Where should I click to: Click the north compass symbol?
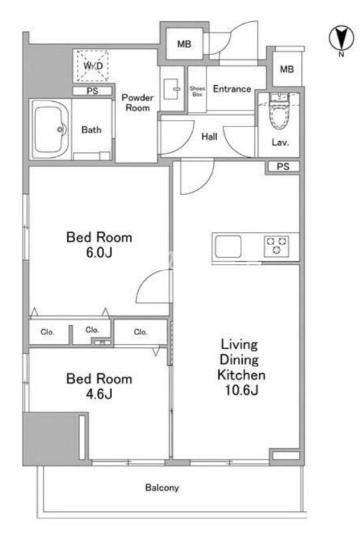341,38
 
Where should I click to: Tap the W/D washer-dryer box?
93,65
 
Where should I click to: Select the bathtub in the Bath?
51,129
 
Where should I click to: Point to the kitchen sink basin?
228,246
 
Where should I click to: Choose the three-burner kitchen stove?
277,246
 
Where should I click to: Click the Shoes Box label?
197,91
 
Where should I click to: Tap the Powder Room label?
137,103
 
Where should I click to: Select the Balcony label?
162,488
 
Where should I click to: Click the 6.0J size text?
99,253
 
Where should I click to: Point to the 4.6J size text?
99,394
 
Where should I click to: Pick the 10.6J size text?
241,390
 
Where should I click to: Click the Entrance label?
232,89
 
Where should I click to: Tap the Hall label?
209,137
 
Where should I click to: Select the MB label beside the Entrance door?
184,44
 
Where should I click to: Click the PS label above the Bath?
92,91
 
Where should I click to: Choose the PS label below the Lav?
283,166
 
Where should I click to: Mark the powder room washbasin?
172,89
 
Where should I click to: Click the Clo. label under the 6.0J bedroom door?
141,332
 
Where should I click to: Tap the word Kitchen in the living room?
241,374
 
